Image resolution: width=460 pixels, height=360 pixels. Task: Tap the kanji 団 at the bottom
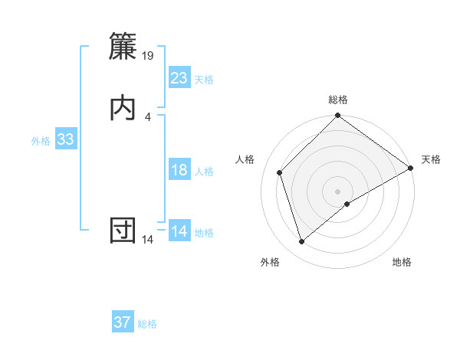pyautogui.click(x=123, y=230)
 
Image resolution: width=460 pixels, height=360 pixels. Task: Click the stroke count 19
pyautogui.click(x=149, y=56)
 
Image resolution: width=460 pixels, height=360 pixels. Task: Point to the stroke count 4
pyautogui.click(x=148, y=117)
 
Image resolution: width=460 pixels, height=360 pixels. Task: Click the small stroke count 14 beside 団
pyautogui.click(x=148, y=240)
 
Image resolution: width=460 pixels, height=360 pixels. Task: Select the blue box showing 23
pyautogui.click(x=179, y=78)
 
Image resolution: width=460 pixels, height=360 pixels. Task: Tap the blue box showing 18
pyautogui.click(x=179, y=170)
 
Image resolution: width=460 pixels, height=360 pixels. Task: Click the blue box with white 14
pyautogui.click(x=179, y=231)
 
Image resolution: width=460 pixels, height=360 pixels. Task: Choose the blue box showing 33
pyautogui.click(x=65, y=139)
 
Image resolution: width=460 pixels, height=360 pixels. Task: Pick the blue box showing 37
pyautogui.click(x=123, y=322)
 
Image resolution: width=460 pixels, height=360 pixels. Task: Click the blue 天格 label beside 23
pyautogui.click(x=204, y=80)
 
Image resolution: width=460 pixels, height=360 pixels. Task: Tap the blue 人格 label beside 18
pyautogui.click(x=204, y=172)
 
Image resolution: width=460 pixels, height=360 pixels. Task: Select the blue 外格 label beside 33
pyautogui.click(x=41, y=141)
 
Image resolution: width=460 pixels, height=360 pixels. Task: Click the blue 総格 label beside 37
pyautogui.click(x=148, y=324)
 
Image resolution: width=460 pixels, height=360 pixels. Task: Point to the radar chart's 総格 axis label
pyautogui.click(x=338, y=100)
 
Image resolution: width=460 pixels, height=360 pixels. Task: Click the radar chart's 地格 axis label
pyautogui.click(x=402, y=263)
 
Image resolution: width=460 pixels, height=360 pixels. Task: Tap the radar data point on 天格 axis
pyautogui.click(x=411, y=169)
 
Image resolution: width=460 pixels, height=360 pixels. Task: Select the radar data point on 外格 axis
pyautogui.click(x=301, y=242)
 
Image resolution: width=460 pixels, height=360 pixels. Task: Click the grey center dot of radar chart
pyautogui.click(x=338, y=191)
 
